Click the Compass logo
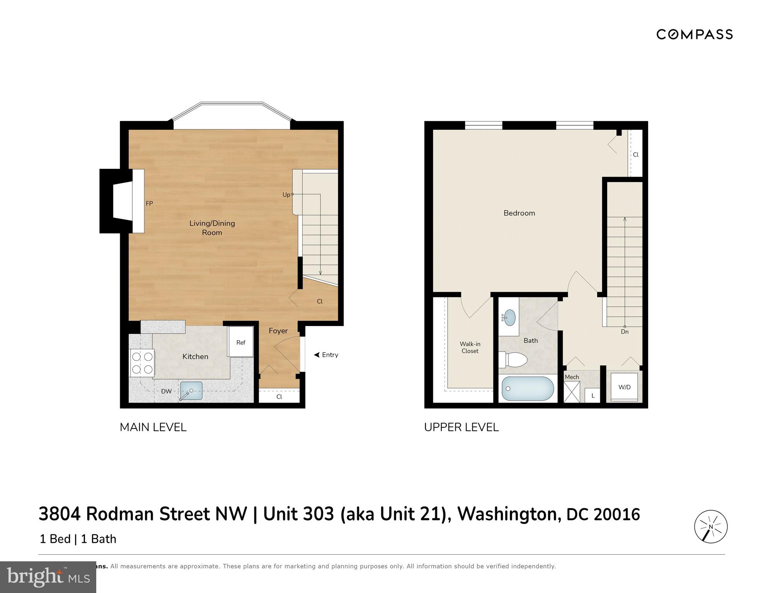pos(694,34)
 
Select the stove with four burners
pos(142,363)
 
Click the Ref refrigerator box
pos(241,342)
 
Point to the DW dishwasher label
pos(167,391)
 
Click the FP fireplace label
pos(149,203)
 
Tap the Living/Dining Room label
pos(212,228)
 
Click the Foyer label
pos(278,331)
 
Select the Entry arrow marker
pos(317,355)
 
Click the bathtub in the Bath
pos(527,389)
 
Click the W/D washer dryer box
pos(624,387)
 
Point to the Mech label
pos(572,377)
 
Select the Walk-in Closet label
pos(470,347)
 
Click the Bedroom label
pos(519,213)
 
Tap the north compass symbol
pos(711,527)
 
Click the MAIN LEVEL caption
pos(153,427)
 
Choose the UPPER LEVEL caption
pos(461,427)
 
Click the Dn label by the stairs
pos(625,331)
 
